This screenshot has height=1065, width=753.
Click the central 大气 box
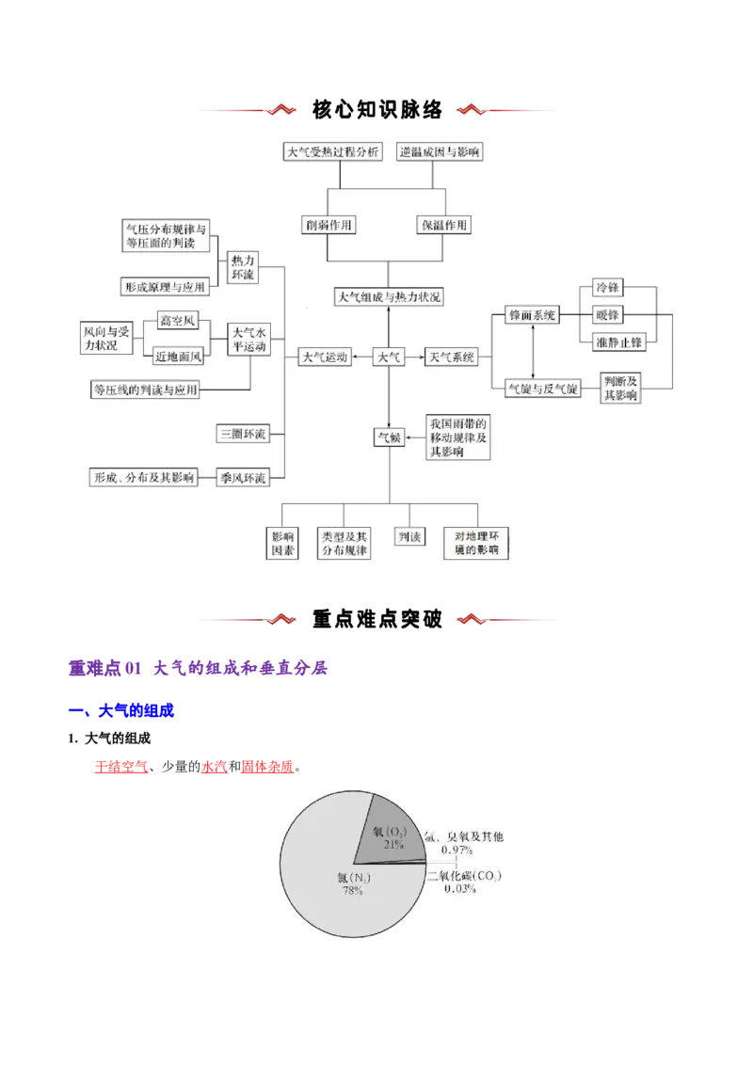pos(389,358)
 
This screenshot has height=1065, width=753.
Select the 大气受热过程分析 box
pos(333,151)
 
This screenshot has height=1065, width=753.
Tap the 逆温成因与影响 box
pos(441,151)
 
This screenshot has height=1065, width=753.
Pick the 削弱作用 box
pos(328,225)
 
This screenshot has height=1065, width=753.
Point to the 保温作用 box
pos(444,225)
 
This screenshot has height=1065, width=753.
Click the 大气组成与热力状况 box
pos(390,297)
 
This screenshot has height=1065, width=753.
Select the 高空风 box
pos(177,321)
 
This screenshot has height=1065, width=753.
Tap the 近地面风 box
pos(177,355)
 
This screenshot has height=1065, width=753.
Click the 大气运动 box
pos(324,358)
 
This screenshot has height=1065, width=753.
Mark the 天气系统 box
pos(452,358)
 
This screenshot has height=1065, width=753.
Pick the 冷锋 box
pos(607,286)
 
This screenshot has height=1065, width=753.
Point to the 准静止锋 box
pos(619,342)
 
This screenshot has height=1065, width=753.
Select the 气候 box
pos(390,437)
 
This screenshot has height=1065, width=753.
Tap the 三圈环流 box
pos(242,435)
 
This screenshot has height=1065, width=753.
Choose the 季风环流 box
pos(242,478)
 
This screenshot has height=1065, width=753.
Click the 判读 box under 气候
pos(409,537)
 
